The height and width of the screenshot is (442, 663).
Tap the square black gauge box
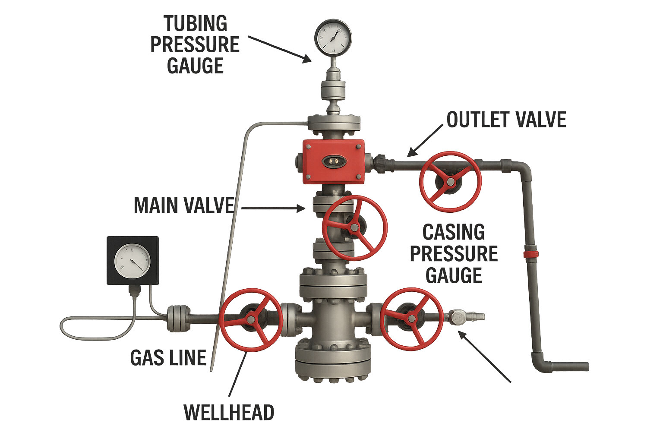coord(133,260)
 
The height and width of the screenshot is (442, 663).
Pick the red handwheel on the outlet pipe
coord(450,182)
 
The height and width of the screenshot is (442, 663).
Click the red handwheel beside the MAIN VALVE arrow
coord(354,227)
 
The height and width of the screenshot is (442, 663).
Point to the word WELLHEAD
coord(229,413)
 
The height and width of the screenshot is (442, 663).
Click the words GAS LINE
coord(168,358)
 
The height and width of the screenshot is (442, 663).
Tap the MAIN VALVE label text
coord(184,205)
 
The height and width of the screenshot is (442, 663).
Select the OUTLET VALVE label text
coord(506,120)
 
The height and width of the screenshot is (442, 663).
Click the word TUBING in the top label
coord(196,23)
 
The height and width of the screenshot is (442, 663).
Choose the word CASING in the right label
coord(453,232)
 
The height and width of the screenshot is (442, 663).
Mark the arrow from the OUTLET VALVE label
coord(425,140)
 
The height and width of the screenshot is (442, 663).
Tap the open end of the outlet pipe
coord(586,367)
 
